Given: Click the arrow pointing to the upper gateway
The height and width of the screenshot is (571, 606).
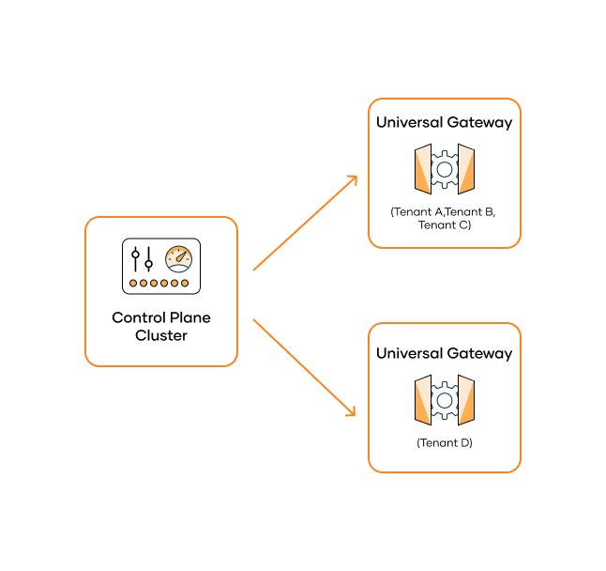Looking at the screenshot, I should (x=306, y=223).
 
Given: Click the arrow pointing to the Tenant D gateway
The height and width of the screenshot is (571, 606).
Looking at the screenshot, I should (x=306, y=367).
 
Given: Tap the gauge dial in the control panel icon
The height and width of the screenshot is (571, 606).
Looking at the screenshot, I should (x=178, y=259).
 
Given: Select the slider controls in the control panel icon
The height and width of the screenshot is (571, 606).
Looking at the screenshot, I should (x=143, y=259).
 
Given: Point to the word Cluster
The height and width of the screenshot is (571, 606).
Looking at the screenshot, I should (x=161, y=335).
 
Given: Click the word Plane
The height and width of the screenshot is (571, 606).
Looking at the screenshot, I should (x=189, y=317).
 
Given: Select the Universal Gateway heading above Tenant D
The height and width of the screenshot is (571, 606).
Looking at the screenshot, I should (x=444, y=354).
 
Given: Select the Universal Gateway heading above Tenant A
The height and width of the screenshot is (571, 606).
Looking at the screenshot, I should (x=444, y=123).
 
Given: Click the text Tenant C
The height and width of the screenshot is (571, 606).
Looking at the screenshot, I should (x=445, y=225).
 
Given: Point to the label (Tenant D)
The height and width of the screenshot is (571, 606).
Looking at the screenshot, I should (x=445, y=441).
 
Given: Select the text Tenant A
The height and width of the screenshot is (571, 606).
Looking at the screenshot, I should (x=420, y=212).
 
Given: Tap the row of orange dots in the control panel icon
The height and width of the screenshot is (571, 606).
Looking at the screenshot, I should (x=160, y=283).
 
